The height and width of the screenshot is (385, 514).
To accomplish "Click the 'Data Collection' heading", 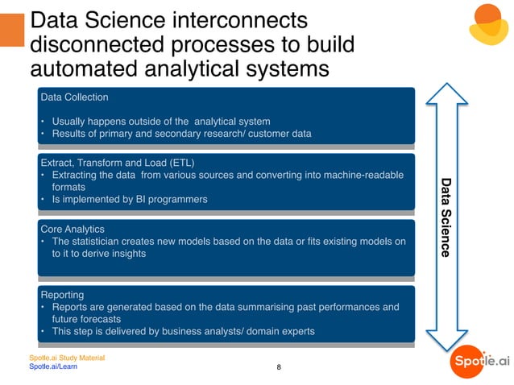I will pyautogui.click(x=74, y=97).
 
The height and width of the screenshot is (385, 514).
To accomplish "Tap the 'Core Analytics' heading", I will pyautogui.click(x=74, y=229).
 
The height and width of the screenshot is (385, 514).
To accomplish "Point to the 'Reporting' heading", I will pyautogui.click(x=62, y=295).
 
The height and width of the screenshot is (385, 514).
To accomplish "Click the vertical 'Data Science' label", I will pyautogui.click(x=446, y=217).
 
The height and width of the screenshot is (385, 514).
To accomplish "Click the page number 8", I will pyautogui.click(x=279, y=368).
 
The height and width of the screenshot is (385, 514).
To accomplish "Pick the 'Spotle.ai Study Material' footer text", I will pyautogui.click(x=67, y=358).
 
